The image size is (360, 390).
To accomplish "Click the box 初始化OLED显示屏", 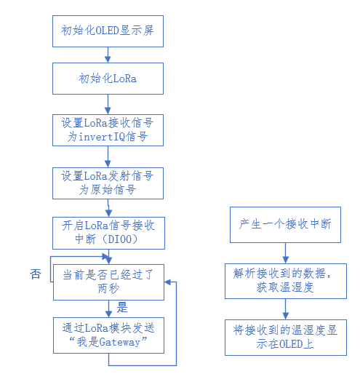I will click(108, 32).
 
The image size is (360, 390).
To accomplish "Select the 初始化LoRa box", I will click(108, 79).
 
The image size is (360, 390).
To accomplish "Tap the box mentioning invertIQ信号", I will click(108, 129).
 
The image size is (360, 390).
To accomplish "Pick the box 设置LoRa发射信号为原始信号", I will click(108, 183).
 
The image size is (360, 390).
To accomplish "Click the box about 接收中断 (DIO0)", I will click(108, 233).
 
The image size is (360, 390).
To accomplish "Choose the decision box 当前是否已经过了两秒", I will click(108, 281).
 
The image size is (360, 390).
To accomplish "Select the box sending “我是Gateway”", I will click(108, 335).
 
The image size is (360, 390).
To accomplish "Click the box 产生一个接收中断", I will click(285, 224).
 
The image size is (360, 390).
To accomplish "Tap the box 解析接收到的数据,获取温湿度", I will click(285, 280).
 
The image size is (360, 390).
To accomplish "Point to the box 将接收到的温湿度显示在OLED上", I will click(285, 336).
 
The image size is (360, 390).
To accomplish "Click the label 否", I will click(36, 274).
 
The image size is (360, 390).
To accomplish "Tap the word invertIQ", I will click(99, 137).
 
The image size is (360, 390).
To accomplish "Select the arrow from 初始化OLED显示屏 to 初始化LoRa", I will click(108, 55).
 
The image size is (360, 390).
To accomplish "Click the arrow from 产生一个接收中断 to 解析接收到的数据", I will click(285, 252).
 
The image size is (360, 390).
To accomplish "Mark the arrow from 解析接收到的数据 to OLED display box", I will click(285, 309).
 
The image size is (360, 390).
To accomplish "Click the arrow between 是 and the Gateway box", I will click(108, 308).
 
